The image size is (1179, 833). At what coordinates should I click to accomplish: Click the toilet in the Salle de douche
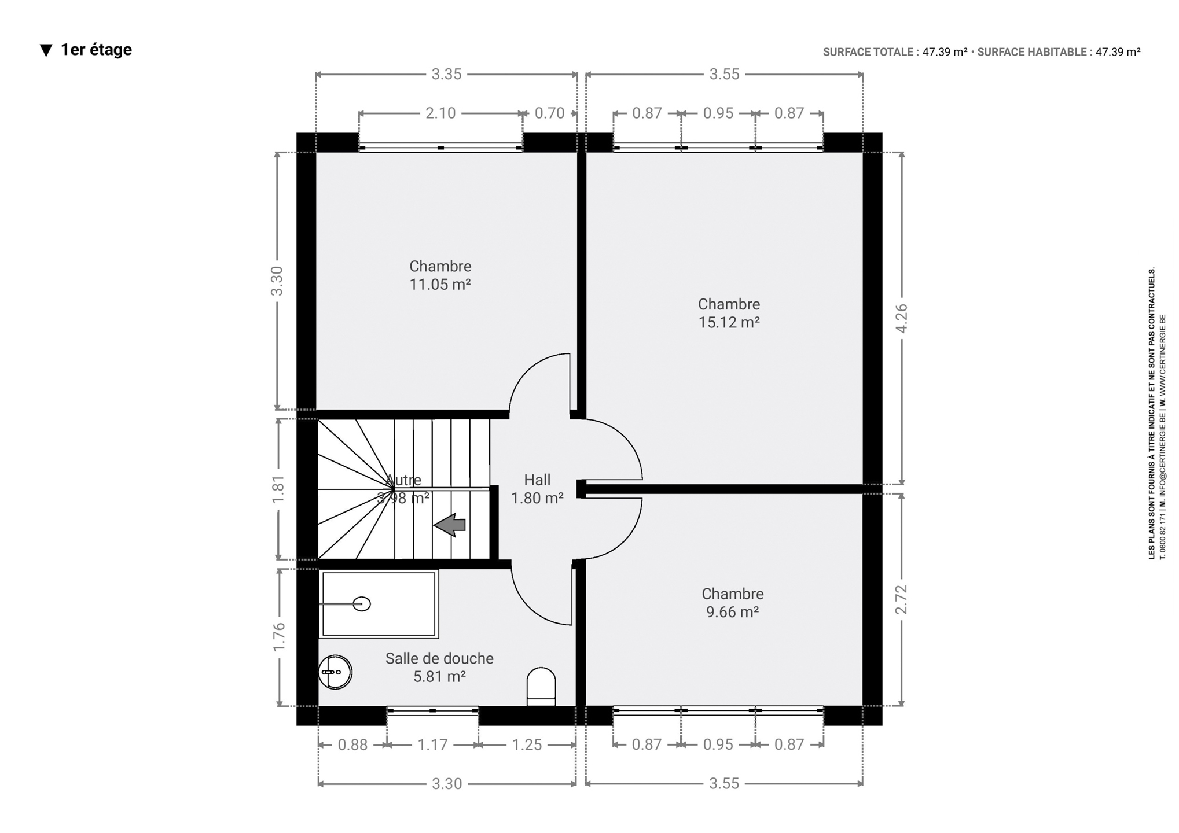541,687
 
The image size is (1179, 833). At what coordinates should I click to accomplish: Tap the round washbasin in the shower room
335,672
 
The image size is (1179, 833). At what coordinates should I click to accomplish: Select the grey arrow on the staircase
450,525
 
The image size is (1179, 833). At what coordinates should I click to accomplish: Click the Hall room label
537,480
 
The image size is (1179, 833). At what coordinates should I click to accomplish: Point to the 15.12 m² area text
729,322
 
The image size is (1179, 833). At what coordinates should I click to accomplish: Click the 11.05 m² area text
440,285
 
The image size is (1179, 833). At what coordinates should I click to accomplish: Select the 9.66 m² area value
732,612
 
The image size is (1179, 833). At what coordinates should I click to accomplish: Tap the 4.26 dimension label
901,318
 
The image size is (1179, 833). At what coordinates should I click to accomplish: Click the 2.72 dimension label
901,600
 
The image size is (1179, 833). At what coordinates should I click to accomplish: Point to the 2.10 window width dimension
440,113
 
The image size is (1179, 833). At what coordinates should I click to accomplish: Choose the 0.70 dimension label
549,113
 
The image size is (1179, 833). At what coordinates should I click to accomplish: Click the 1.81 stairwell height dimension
278,489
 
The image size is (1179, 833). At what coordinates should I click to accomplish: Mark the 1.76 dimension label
279,637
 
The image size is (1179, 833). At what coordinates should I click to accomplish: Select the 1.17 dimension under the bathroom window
433,744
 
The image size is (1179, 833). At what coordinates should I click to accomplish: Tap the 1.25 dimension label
527,744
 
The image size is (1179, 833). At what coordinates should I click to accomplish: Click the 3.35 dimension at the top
446,74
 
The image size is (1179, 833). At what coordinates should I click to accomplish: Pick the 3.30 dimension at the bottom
447,784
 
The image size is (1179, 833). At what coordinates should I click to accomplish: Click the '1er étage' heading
96,50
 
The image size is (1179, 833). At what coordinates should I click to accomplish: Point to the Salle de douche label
439,658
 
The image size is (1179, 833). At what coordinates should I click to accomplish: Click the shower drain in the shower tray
362,604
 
